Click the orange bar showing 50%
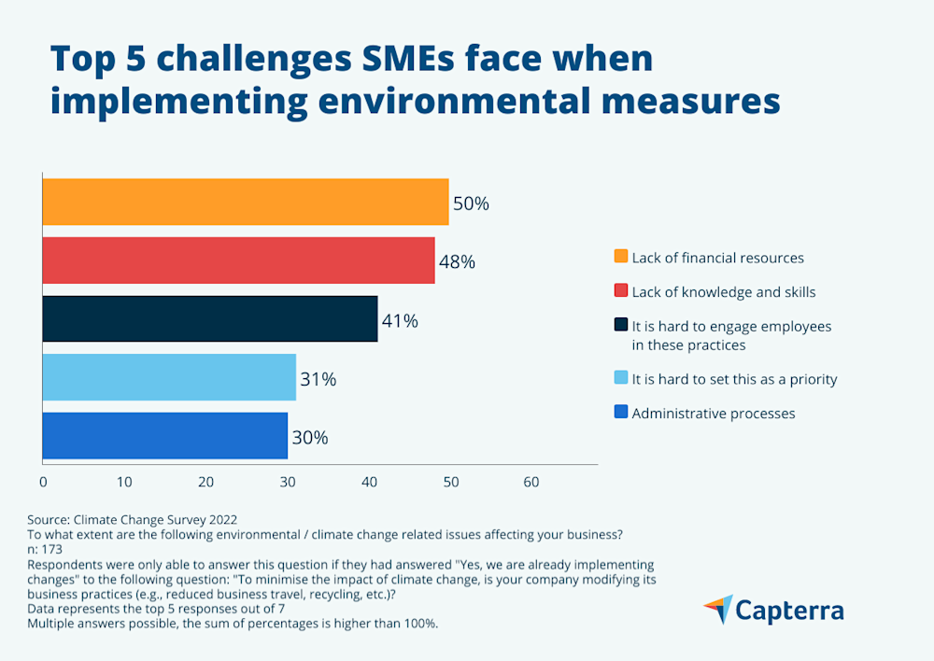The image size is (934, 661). [x=246, y=202]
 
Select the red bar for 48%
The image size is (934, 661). [x=238, y=260]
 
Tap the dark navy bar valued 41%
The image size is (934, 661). [x=210, y=319]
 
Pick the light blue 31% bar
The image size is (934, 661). [x=169, y=378]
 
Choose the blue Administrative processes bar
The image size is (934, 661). [x=165, y=436]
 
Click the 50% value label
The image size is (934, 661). [x=471, y=204]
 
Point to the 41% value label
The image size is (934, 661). [x=400, y=321]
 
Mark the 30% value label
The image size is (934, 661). [x=309, y=438]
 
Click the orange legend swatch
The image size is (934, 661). [x=620, y=257]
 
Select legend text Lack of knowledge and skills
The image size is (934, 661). [x=723, y=292]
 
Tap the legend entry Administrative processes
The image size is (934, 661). [x=713, y=413]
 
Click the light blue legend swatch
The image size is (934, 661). [x=620, y=379]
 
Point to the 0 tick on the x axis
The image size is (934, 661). [x=43, y=483]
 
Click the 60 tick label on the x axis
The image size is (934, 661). [x=531, y=483]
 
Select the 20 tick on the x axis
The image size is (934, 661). [x=205, y=483]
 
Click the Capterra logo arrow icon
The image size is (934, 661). [x=717, y=610]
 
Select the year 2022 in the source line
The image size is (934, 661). [x=219, y=519]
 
